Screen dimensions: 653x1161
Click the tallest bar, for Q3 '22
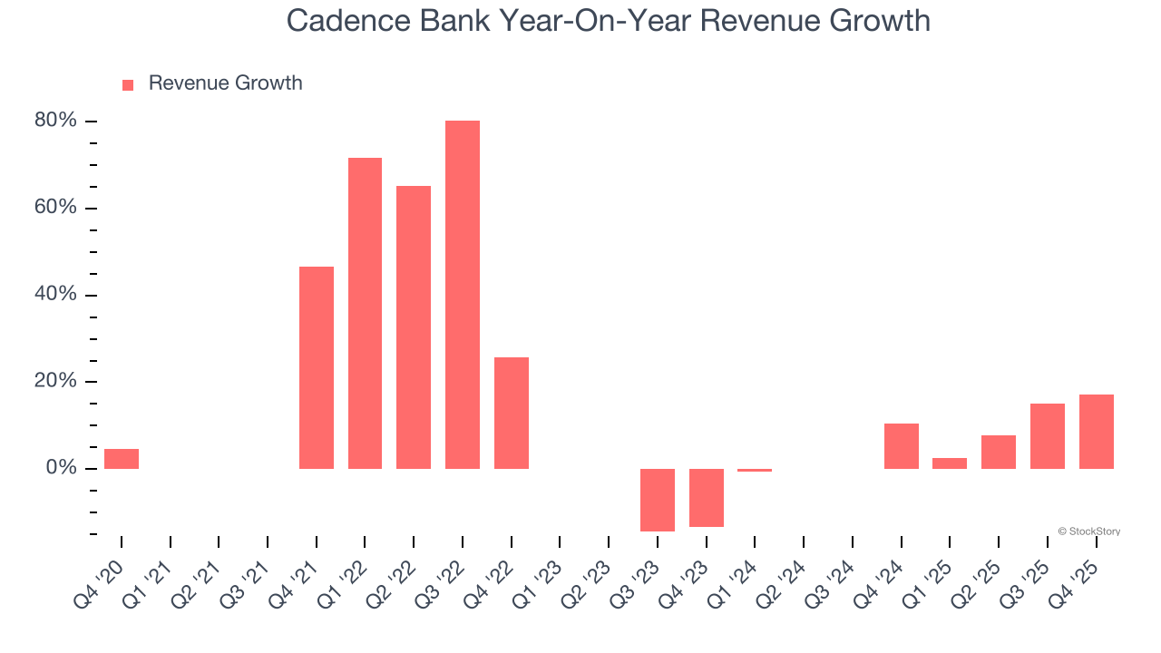click(463, 295)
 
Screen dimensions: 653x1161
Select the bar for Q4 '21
click(317, 367)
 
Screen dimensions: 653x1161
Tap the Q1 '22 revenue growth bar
click(365, 313)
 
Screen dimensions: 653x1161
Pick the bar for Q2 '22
click(414, 327)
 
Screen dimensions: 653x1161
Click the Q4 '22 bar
click(512, 413)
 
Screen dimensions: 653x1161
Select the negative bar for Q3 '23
click(658, 500)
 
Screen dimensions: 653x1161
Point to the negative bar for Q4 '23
click(707, 497)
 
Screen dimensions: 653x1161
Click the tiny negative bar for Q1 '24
click(755, 471)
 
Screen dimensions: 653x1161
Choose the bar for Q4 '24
click(902, 446)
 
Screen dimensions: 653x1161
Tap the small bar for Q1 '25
click(950, 463)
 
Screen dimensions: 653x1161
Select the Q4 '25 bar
click(1097, 432)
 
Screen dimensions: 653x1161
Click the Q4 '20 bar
click(122, 459)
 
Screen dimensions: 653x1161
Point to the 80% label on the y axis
click(56, 121)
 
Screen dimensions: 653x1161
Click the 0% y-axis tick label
click(61, 468)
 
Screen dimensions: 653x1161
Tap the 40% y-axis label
click(56, 295)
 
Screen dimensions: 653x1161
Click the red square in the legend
click(128, 84)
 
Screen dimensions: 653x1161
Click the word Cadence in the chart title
click(346, 20)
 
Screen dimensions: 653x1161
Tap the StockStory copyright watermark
click(1088, 531)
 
